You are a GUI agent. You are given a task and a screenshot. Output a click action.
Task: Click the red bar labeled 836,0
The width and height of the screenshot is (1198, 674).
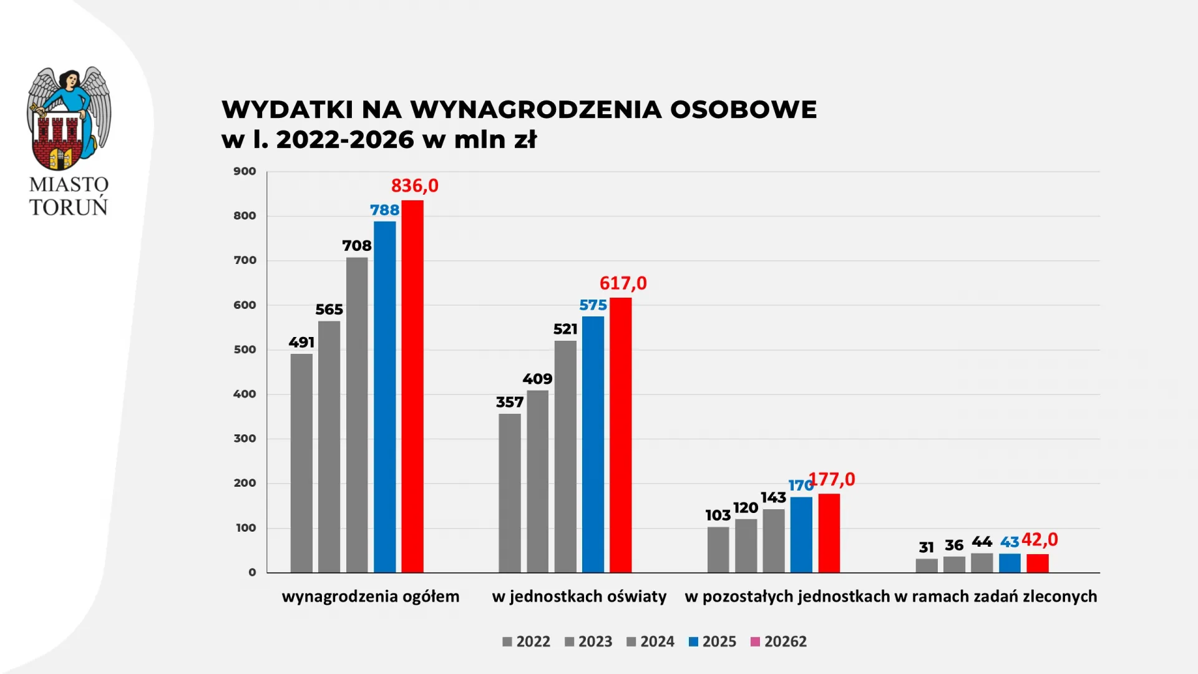click(412, 387)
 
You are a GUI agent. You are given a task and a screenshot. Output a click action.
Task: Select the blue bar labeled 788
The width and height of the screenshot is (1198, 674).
click(384, 397)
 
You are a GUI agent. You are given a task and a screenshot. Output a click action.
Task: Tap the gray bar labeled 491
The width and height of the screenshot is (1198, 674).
click(301, 463)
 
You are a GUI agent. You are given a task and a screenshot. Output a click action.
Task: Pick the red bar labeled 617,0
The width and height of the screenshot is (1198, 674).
click(620, 435)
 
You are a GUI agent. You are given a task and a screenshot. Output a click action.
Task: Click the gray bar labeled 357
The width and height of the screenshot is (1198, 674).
click(509, 493)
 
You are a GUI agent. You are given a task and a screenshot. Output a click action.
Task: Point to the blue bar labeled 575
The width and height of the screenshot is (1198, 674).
click(593, 444)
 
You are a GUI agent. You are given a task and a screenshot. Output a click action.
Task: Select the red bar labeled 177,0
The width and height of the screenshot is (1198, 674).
click(829, 533)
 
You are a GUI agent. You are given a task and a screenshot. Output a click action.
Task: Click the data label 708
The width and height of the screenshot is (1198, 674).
click(357, 246)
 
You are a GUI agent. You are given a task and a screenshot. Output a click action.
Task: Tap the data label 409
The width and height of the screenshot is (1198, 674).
click(537, 379)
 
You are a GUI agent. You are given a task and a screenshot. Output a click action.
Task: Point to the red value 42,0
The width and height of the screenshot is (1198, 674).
click(1040, 540)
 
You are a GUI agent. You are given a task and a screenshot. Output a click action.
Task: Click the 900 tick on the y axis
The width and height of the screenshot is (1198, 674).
click(245, 172)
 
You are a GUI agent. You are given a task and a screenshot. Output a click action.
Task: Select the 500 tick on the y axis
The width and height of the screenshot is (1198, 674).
click(245, 350)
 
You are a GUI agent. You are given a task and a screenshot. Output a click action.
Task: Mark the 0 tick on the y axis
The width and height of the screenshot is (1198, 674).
click(252, 572)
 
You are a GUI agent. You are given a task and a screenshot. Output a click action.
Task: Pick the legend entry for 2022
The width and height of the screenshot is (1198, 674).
click(526, 642)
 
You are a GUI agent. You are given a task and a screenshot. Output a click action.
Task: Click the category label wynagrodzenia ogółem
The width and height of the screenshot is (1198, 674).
click(371, 597)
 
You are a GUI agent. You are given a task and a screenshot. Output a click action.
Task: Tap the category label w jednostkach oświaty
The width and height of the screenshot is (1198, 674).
click(579, 597)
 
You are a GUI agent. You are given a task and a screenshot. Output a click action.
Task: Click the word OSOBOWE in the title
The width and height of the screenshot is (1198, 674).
click(743, 110)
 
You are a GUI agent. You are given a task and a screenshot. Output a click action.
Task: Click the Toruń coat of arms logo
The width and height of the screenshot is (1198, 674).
click(69, 119)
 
